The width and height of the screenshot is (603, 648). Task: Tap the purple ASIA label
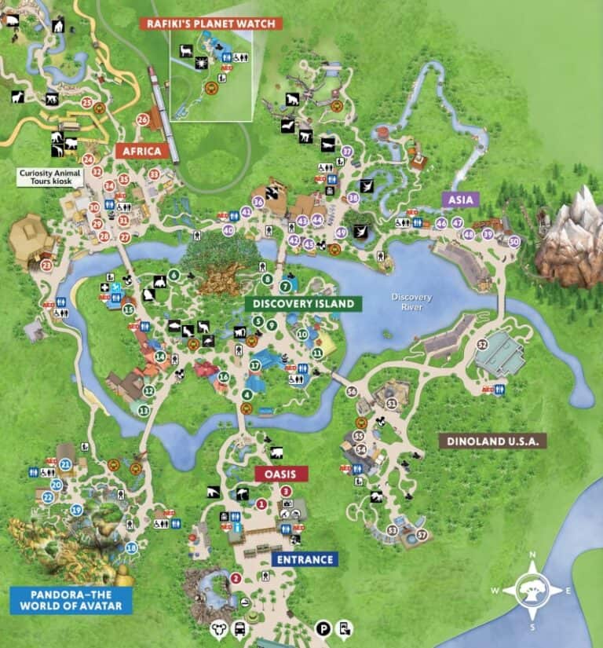pos(462,200)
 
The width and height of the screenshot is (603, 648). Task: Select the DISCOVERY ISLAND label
pos(303,303)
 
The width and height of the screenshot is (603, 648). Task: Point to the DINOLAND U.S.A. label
pos(492,441)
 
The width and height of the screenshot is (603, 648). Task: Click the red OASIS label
pos(280,474)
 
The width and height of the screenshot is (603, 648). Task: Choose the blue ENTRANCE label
pos(305,559)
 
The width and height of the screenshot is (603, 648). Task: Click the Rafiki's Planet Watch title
pos(211,24)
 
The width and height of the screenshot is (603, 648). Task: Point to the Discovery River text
pos(412,301)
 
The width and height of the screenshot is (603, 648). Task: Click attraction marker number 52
pos(483,345)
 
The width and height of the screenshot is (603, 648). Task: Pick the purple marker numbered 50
pos(514,241)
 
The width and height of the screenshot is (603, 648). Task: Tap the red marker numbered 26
pos(142,120)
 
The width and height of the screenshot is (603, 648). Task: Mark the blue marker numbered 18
pos(131,547)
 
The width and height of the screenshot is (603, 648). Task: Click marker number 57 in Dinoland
pos(422,535)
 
